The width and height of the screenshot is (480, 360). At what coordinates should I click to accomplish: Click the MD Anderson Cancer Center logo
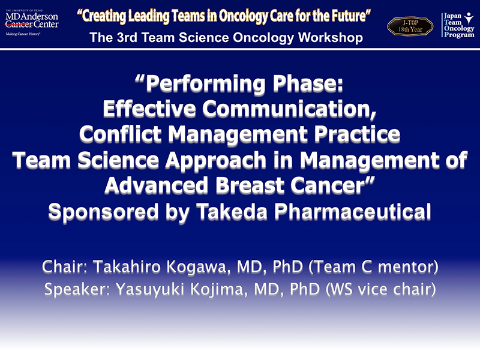tap(32, 23)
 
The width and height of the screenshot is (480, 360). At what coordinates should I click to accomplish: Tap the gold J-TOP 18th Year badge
tap(410, 26)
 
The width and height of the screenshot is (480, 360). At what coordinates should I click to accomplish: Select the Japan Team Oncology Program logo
tap(458, 25)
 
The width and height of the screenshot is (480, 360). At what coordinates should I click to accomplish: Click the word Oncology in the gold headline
tap(244, 17)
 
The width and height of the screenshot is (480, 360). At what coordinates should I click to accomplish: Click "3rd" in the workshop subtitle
tap(127, 38)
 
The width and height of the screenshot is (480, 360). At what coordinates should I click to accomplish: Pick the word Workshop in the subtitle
tap(331, 38)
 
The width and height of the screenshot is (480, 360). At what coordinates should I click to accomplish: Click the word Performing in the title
tap(205, 84)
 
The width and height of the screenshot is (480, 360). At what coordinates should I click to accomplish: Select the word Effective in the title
tap(149, 109)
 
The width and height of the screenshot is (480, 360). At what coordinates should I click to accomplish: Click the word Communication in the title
tap(289, 109)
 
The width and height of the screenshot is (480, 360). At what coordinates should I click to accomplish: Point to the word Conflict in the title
tap(121, 134)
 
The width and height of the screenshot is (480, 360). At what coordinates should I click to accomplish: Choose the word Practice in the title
tap(357, 134)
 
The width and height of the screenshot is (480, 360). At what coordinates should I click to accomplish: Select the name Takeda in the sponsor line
tap(232, 212)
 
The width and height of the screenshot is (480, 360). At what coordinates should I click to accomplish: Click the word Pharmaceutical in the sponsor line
tap(353, 212)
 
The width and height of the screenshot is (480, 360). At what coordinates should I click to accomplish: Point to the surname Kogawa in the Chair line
tap(198, 267)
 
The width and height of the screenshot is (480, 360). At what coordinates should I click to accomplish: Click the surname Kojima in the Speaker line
tap(218, 289)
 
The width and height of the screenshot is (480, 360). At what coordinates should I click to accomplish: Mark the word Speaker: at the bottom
tap(77, 289)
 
